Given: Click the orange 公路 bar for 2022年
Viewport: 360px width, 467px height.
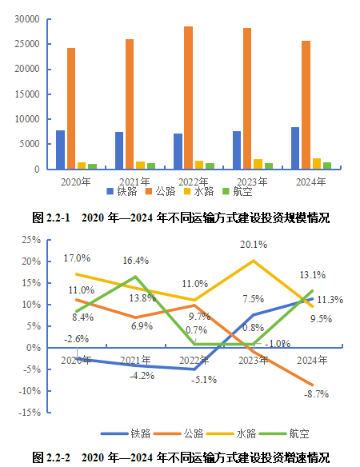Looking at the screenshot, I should [188, 98].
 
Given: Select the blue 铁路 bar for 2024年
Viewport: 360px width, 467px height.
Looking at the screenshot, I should [295, 149].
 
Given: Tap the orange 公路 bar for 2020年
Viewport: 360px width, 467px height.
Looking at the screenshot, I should [71, 109].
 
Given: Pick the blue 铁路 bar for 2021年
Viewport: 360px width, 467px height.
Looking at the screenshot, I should [118, 151].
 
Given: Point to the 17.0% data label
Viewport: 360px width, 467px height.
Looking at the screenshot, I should [77, 258].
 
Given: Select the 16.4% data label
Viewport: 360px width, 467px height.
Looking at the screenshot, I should [134, 261].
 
